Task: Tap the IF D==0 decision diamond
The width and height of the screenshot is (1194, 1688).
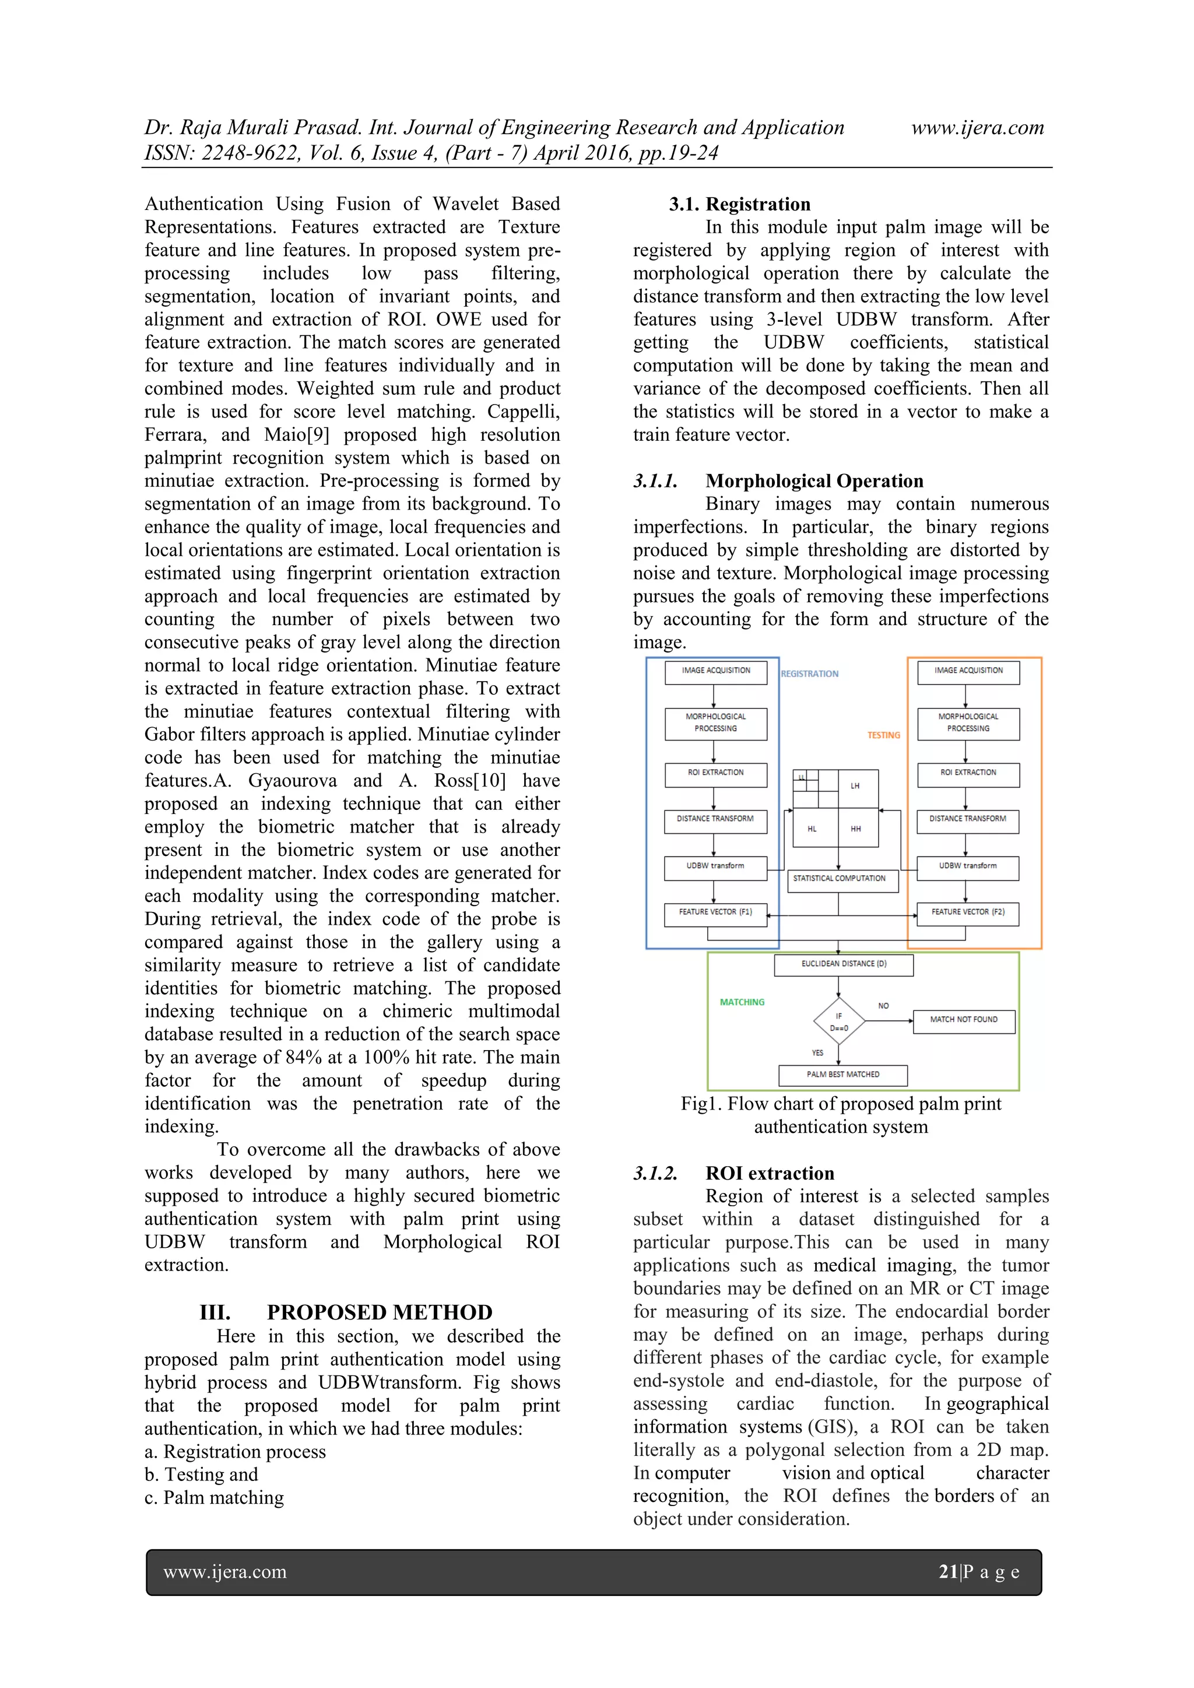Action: (839, 1022)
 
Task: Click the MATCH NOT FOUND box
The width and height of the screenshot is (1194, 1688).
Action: (963, 1021)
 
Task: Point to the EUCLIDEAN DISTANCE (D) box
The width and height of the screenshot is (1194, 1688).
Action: (843, 964)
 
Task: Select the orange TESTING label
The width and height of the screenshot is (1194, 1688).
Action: (883, 735)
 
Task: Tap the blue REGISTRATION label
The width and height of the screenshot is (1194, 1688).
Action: (809, 673)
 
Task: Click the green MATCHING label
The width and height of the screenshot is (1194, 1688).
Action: (742, 1002)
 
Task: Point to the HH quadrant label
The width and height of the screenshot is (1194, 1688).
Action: (855, 829)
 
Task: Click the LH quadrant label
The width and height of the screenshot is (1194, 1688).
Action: (855, 786)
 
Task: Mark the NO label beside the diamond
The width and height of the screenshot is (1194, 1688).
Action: (883, 1006)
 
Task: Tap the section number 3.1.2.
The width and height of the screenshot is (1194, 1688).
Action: (655, 1173)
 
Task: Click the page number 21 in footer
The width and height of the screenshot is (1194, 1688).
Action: (949, 1572)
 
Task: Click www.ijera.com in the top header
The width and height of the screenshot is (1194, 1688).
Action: (977, 128)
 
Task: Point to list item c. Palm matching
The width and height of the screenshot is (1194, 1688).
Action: (214, 1497)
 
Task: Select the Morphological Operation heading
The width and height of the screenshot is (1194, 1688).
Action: (814, 481)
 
